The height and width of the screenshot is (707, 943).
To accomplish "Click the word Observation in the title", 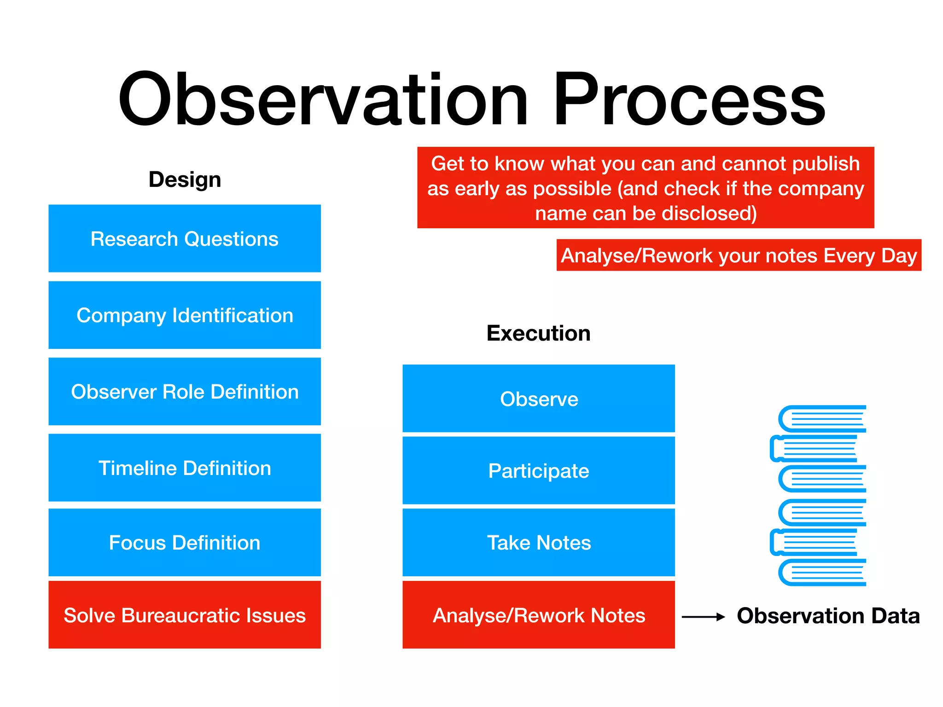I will point(322,99).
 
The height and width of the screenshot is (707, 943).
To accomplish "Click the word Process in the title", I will point(688,99).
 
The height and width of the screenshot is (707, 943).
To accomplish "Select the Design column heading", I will point(185,180).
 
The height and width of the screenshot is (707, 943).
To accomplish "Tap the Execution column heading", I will point(538,333).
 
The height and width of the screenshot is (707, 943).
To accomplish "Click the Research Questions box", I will point(185,238).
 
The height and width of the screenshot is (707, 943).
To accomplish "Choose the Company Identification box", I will point(185,315).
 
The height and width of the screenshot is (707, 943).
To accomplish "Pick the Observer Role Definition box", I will point(185,392).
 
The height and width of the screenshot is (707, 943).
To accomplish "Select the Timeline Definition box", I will point(185,468).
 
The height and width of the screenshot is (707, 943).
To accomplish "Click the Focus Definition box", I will point(185,543).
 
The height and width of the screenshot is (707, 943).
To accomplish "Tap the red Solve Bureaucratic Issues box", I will point(185,615).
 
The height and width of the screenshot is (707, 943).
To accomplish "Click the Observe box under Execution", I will point(539,399).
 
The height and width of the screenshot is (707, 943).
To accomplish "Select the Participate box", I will point(539,471).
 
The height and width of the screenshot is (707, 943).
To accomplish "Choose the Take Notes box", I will point(539,543).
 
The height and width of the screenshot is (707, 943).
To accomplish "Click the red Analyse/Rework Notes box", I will point(539,615).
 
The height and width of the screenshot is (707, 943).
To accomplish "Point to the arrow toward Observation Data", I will point(703,617).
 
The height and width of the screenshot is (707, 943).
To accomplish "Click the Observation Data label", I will point(828,616).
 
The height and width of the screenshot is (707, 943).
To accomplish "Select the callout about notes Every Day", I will point(739,255).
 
